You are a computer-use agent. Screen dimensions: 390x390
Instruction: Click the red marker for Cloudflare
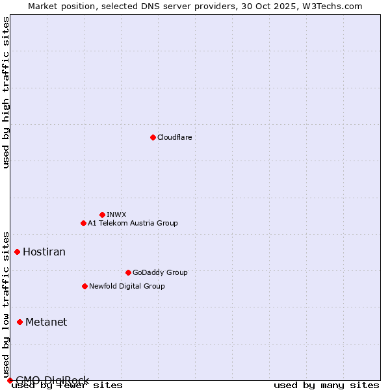(153, 137)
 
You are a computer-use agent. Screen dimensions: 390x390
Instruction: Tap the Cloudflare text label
(175, 137)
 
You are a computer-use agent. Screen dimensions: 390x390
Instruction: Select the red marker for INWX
(102, 214)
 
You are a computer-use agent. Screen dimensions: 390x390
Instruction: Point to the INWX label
(117, 214)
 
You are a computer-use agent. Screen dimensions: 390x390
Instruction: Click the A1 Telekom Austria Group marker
(83, 223)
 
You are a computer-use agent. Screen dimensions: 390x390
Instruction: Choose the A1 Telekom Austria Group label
(133, 223)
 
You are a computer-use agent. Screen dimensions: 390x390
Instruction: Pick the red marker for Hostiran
(18, 252)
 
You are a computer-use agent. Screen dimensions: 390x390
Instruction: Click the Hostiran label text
(44, 252)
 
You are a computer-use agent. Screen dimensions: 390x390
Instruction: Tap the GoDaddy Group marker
(128, 272)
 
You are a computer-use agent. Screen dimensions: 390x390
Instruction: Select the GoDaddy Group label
(160, 272)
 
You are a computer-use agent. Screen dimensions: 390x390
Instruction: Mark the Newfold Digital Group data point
(84, 286)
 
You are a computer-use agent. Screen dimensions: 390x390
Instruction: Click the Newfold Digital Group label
(127, 286)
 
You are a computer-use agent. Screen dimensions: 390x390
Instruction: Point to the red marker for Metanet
(20, 322)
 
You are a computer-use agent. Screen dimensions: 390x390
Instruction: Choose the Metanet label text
(46, 322)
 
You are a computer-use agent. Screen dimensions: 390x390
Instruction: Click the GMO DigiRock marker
(10, 380)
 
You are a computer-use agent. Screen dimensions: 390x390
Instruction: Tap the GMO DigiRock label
(52, 380)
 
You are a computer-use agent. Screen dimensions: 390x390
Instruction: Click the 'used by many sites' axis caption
(326, 385)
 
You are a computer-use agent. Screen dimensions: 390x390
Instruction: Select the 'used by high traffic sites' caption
(6, 92)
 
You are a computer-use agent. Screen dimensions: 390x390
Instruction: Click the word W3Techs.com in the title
(331, 6)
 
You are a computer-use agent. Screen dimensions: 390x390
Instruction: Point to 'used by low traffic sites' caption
(6, 305)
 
